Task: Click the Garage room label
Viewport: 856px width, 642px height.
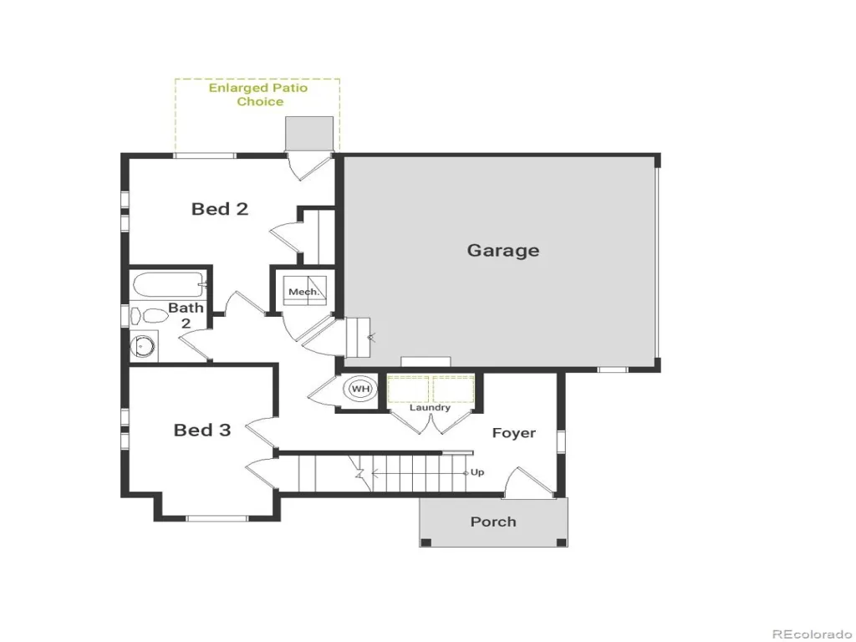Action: [502, 251]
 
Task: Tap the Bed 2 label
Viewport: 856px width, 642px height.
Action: [220, 208]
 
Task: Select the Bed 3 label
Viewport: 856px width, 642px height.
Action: [202, 430]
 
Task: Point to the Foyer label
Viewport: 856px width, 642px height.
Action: [514, 433]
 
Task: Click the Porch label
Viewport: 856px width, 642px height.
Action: [493, 522]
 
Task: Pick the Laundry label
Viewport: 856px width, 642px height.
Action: [431, 408]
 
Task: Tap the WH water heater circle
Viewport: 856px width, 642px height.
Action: [360, 389]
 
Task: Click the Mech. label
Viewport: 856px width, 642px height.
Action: [304, 292]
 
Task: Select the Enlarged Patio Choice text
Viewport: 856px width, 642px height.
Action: [259, 94]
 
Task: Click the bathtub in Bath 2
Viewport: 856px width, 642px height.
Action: [169, 285]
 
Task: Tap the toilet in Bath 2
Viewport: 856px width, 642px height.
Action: [148, 316]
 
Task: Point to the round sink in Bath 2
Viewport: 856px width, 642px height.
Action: [144, 346]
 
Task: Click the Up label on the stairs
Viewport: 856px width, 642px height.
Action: [477, 472]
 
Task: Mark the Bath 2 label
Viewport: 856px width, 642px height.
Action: [186, 315]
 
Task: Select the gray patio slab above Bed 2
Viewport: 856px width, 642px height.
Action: [309, 133]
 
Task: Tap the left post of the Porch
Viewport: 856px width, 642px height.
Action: [426, 542]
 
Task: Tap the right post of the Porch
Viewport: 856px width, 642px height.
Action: [561, 542]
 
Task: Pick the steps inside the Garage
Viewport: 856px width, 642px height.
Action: [358, 338]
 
